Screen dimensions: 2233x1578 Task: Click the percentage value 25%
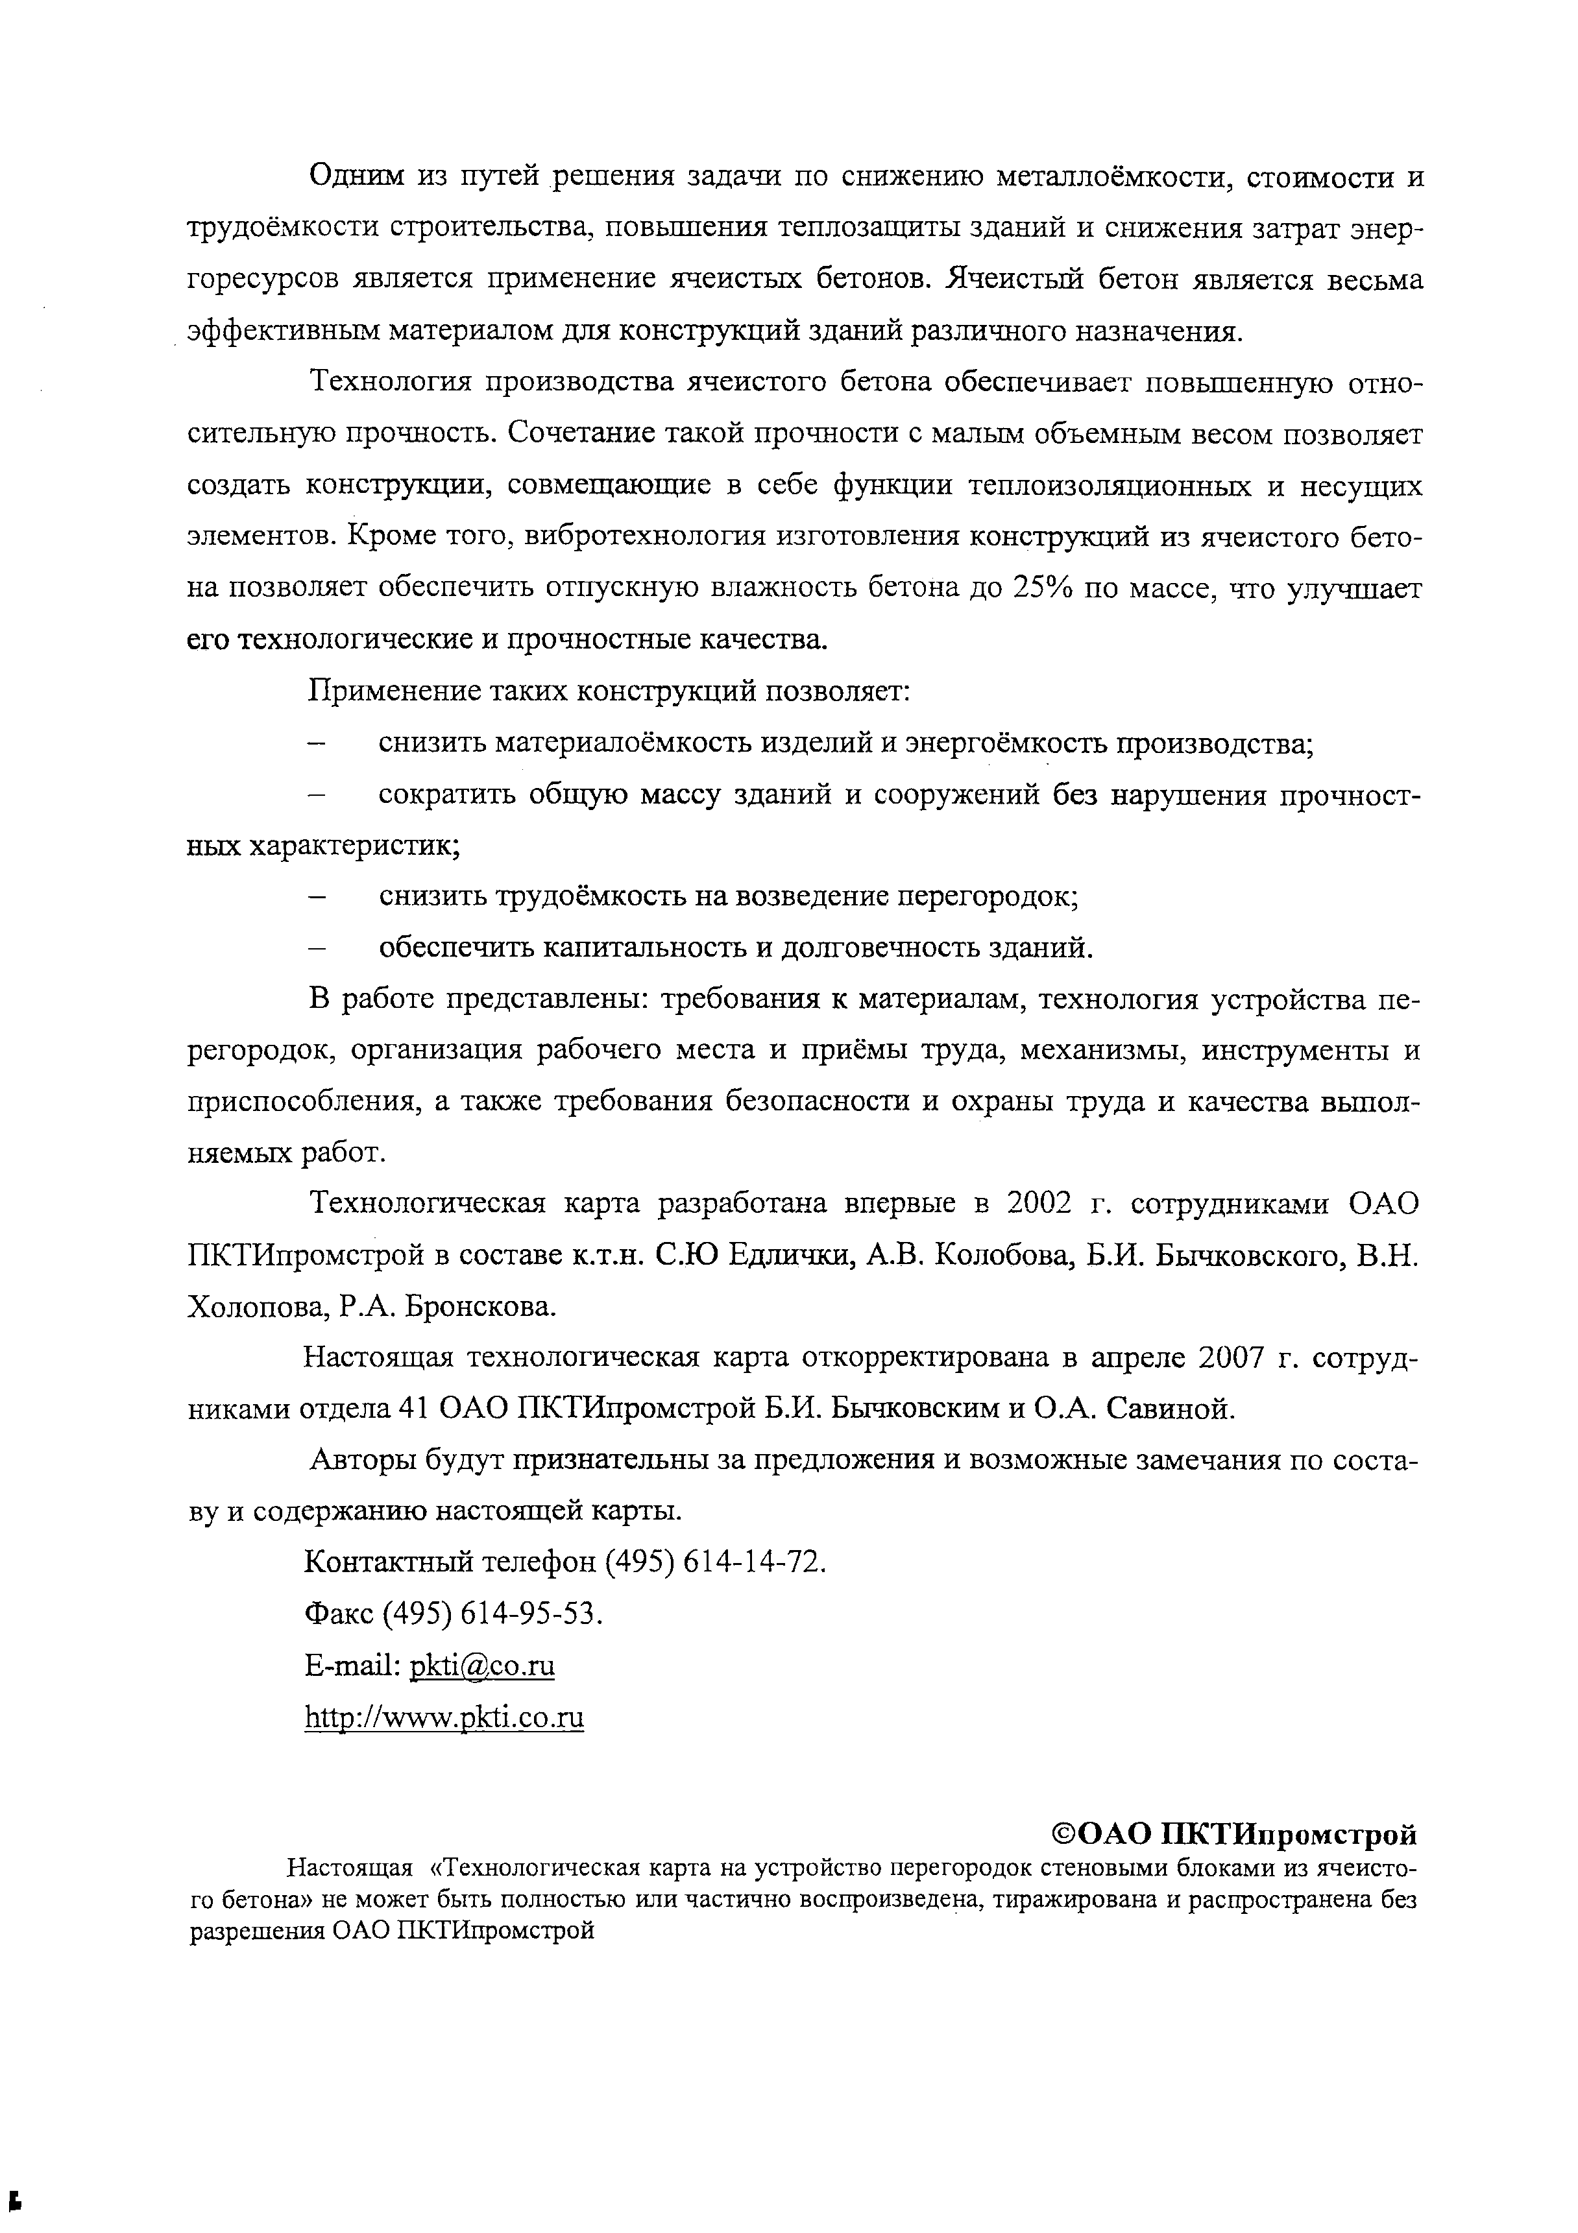click(x=1044, y=588)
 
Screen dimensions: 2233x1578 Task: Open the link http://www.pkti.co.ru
click(x=444, y=1717)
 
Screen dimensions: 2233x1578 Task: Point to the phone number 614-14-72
click(x=755, y=1562)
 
